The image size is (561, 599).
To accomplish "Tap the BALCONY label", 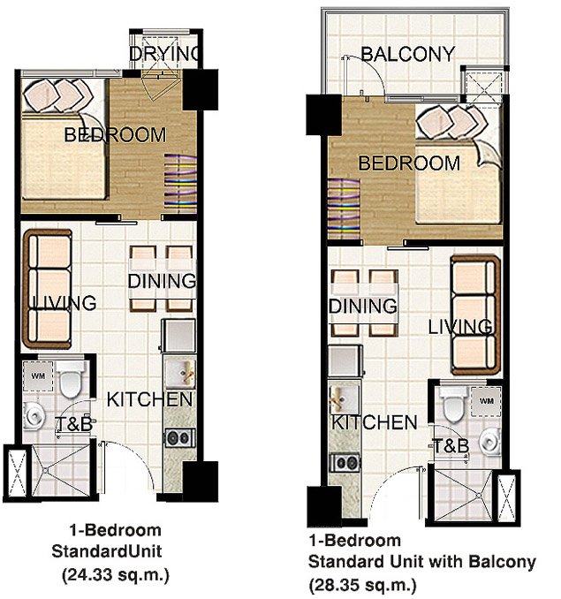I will [x=408, y=54].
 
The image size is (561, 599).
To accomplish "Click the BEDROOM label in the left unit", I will [x=115, y=135].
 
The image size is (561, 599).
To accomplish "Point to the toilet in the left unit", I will [x=72, y=378].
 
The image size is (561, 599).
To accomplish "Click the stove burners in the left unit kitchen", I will [x=178, y=436].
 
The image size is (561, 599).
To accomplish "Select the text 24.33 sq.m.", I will [x=115, y=574].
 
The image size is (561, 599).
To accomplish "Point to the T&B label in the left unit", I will [x=74, y=425].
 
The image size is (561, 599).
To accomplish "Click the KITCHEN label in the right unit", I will [x=375, y=422].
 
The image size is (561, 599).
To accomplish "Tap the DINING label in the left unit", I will [x=162, y=283].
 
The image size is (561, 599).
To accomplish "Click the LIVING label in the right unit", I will [x=460, y=328].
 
